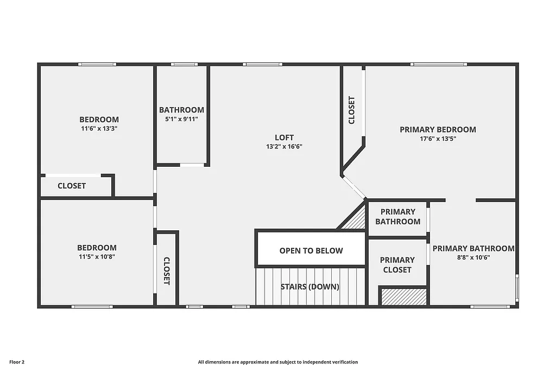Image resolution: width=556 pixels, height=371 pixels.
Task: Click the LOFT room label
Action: (284, 137)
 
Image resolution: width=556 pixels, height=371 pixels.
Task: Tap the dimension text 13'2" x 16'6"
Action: (284, 147)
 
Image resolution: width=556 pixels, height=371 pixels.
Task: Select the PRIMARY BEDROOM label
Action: (438, 129)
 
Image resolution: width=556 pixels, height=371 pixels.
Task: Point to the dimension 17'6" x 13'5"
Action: (438, 139)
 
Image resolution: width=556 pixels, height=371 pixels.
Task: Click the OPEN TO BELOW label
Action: (311, 250)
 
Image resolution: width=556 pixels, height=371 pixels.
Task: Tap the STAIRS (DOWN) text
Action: (310, 287)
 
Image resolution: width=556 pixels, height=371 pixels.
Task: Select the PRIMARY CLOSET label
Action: (397, 265)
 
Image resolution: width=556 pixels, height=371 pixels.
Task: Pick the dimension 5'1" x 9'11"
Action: (181, 119)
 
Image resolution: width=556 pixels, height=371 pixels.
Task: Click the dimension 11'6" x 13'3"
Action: (99, 129)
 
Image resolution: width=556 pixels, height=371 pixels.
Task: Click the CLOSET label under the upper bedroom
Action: (72, 186)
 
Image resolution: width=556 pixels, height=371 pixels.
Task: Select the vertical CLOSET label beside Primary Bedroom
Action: (352, 110)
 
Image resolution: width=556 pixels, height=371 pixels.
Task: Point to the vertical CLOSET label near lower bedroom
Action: (167, 271)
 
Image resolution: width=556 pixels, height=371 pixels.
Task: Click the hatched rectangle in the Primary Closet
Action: (402, 297)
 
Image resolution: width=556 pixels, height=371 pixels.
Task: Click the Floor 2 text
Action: (17, 362)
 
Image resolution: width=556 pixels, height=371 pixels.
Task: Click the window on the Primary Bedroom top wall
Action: (439, 64)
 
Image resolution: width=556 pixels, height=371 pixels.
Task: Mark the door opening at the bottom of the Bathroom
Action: (192, 165)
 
